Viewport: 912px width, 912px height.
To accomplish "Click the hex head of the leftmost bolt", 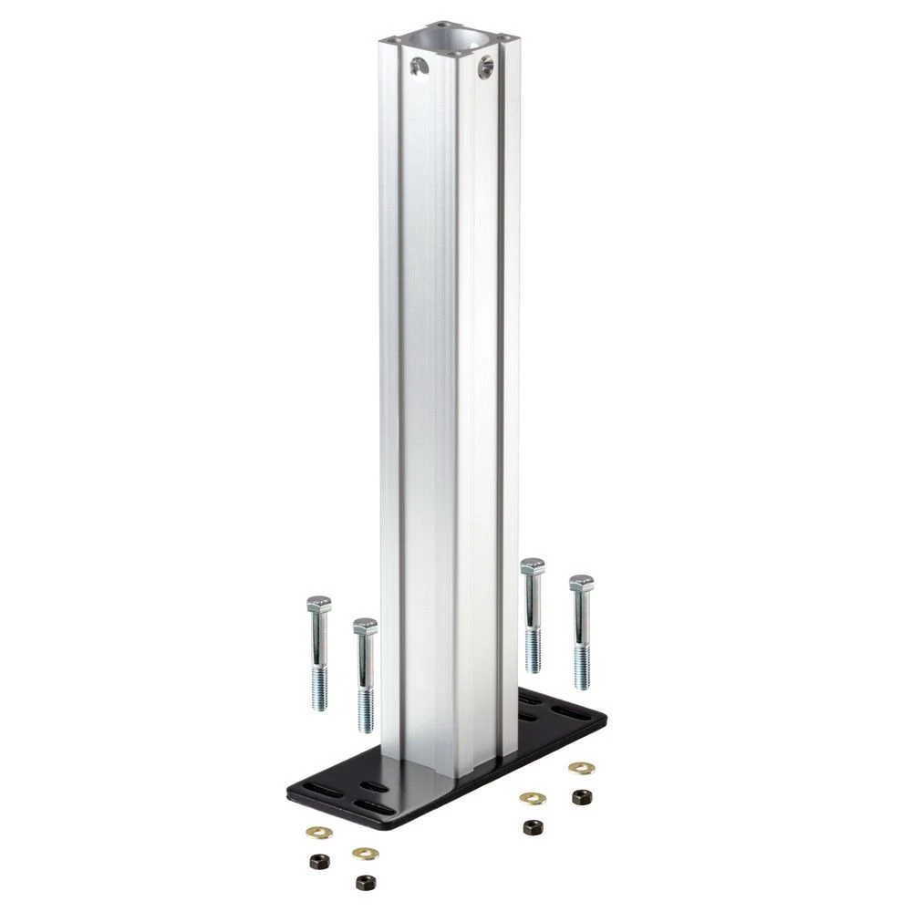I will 318,604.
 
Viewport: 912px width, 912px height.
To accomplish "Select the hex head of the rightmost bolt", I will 581,583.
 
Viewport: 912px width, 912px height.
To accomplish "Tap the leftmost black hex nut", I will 318,859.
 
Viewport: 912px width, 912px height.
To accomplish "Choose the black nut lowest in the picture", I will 364,882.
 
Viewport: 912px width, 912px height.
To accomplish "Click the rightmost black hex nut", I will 578,796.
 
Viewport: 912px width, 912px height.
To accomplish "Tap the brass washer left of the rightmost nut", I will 530,797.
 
